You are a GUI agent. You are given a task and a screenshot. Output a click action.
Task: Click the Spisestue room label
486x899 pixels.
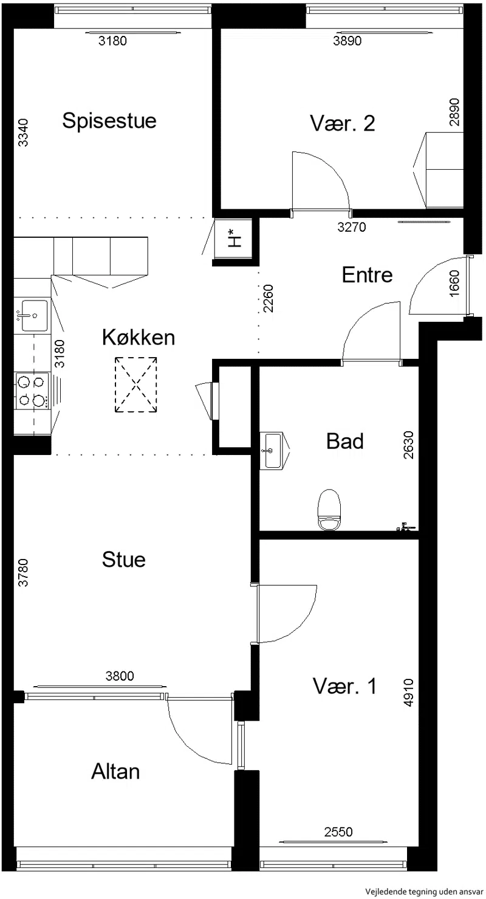tap(109, 121)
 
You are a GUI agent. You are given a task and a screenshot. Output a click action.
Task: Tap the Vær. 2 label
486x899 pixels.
tap(343, 123)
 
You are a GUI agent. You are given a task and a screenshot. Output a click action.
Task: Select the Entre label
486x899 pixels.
tap(367, 275)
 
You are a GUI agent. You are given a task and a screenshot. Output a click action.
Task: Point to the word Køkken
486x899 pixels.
tap(139, 337)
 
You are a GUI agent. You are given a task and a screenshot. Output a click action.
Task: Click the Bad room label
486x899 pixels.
tap(345, 441)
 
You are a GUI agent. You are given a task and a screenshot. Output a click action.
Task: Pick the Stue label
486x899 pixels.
tap(123, 560)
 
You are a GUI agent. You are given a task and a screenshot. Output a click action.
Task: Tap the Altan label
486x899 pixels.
tap(115, 771)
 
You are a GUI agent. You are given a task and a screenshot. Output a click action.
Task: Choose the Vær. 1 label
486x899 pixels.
tap(344, 686)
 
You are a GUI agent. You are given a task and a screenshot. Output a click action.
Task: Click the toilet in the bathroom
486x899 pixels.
tap(329, 510)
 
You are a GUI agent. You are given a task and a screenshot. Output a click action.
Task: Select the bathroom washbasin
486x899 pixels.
tap(273, 450)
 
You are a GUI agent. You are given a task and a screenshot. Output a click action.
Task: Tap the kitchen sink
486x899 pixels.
tap(33, 316)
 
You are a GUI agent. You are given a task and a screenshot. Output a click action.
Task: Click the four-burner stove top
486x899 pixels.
tap(32, 391)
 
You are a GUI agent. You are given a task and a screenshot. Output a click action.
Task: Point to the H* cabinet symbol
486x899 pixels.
tap(234, 238)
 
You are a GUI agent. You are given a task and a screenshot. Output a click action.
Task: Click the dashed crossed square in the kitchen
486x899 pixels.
tap(136, 384)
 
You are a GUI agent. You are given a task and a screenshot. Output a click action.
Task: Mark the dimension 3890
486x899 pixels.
tap(347, 41)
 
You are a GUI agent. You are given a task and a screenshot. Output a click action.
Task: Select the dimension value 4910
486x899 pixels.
tap(408, 692)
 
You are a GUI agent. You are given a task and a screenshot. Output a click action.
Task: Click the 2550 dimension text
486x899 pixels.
tap(338, 831)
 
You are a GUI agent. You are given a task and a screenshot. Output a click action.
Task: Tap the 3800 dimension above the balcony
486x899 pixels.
tap(120, 676)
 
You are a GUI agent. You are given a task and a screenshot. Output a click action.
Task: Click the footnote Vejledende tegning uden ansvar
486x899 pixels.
tap(424, 891)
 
